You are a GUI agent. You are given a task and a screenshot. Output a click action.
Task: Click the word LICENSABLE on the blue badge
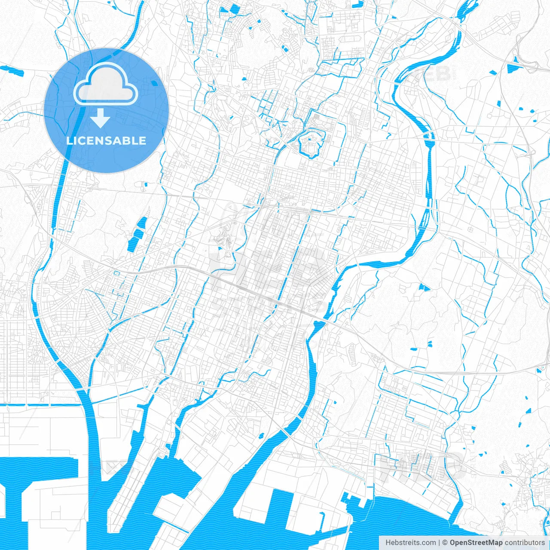(x=106, y=141)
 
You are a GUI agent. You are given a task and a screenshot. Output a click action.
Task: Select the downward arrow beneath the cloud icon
(x=100, y=119)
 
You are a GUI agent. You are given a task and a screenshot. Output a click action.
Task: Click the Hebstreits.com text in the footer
(x=410, y=543)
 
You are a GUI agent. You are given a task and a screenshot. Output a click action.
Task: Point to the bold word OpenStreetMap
(x=476, y=543)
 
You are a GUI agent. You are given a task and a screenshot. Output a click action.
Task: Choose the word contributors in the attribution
(x=525, y=543)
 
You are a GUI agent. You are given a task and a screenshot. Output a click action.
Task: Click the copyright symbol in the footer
(x=445, y=543)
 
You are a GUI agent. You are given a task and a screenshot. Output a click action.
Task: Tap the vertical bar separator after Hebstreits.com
(x=439, y=543)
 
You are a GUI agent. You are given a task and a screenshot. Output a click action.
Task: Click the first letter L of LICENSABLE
(x=69, y=141)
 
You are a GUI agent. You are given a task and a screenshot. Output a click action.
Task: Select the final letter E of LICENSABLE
(x=143, y=141)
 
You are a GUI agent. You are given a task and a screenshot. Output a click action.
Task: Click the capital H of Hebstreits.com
(x=388, y=543)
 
